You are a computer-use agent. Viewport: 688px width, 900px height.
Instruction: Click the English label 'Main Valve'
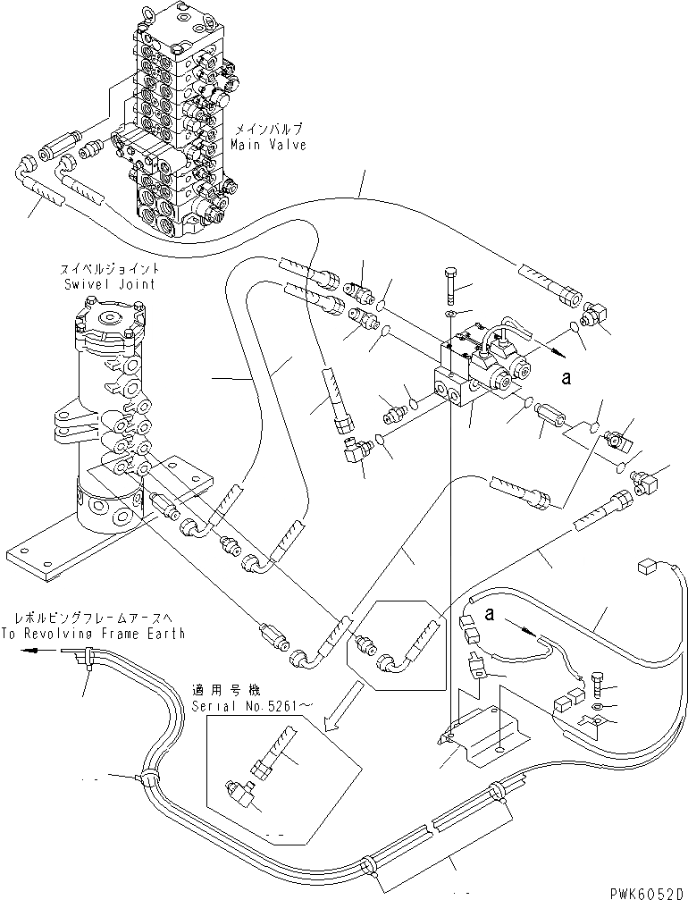[267, 144]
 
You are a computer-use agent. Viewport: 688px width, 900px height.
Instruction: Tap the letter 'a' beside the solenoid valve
[566, 378]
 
